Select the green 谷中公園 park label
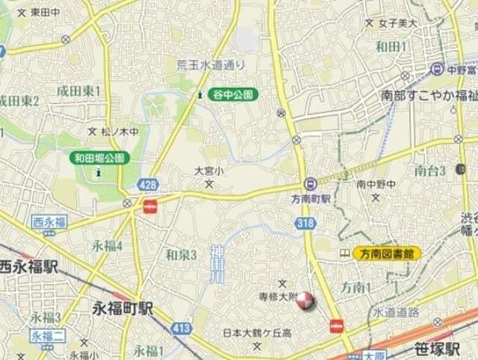click(233, 94)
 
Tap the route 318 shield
click(304, 223)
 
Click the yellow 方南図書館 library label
click(386, 253)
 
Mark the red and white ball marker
click(305, 301)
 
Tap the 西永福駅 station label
click(27, 266)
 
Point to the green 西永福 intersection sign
click(49, 221)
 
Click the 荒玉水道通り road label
click(211, 65)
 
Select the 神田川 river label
click(216, 265)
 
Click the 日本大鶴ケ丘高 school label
click(255, 332)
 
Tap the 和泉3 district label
click(181, 255)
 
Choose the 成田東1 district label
click(78, 90)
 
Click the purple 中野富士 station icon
click(437, 69)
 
